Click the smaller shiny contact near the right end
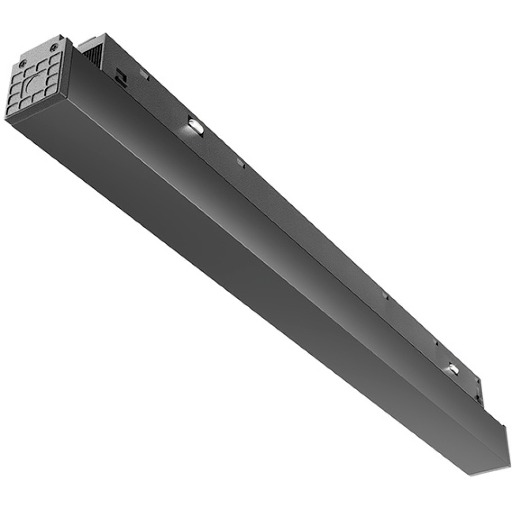click(453, 367)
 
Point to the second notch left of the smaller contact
click(385, 295)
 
